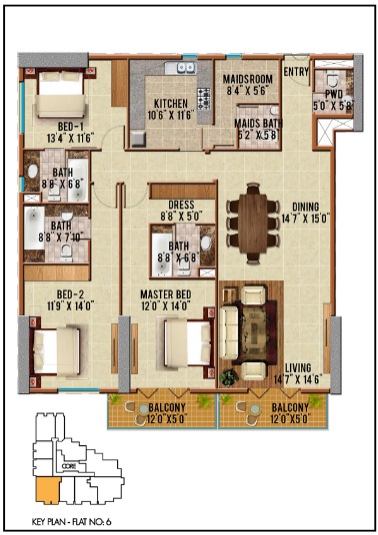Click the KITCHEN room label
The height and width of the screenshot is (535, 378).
(x=171, y=104)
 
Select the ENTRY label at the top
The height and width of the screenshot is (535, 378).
(x=296, y=71)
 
